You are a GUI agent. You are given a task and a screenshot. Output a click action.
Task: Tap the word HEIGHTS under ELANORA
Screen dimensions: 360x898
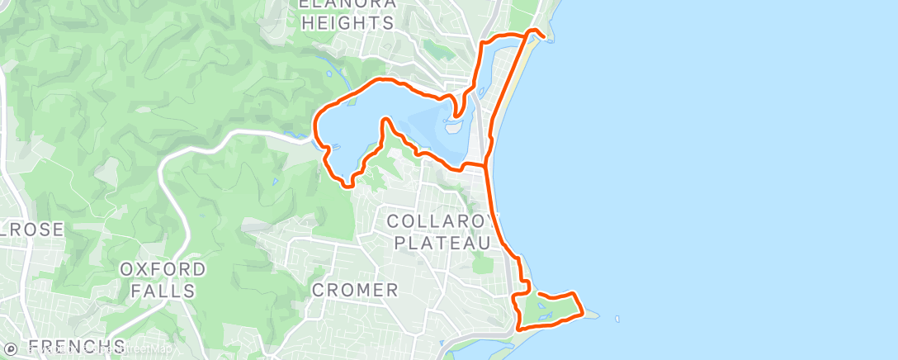click(x=347, y=23)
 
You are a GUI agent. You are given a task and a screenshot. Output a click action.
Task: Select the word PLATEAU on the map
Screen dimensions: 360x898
click(x=443, y=242)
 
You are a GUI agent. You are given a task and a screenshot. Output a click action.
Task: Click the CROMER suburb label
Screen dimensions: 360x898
click(x=355, y=290)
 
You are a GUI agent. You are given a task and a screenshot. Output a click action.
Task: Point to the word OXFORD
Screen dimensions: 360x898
click(x=163, y=270)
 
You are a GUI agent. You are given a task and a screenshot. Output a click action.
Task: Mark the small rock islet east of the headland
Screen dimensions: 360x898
click(x=616, y=316)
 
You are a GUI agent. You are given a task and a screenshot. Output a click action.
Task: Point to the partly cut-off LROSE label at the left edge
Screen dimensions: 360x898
click(x=31, y=230)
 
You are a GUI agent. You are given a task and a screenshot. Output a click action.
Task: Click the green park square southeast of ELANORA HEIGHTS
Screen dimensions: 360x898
click(x=437, y=49)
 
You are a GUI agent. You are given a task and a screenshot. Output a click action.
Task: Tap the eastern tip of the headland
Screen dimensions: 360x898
click(x=584, y=312)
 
